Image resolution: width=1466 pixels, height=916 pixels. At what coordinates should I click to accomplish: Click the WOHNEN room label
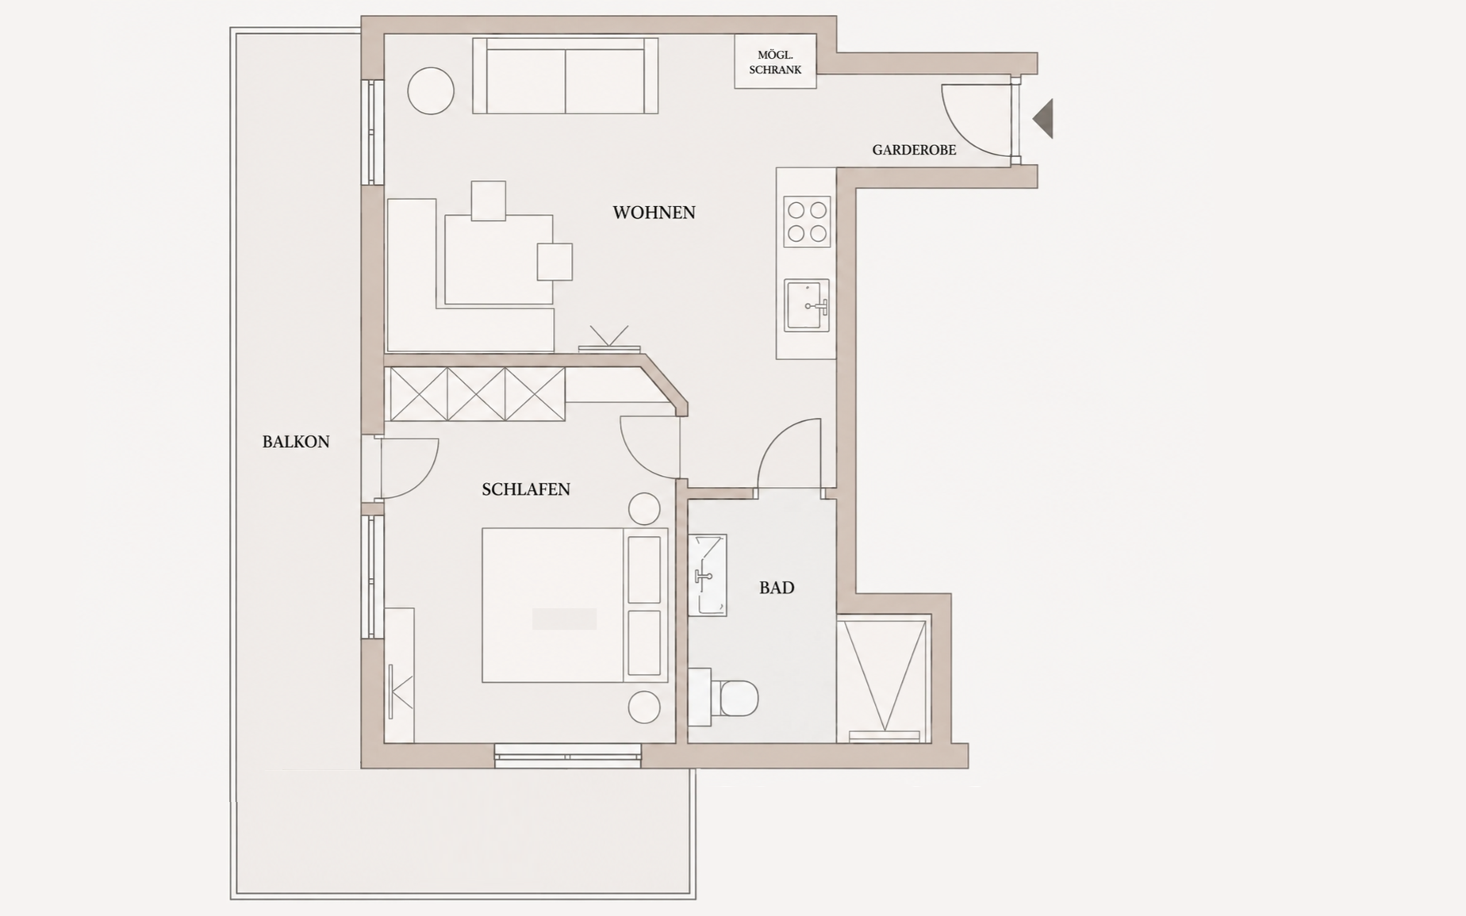[654, 213]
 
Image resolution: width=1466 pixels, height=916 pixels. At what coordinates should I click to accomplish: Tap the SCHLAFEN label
[526, 489]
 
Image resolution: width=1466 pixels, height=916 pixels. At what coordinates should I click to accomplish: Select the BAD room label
[777, 588]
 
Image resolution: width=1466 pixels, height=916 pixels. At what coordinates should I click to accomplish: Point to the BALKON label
[296, 442]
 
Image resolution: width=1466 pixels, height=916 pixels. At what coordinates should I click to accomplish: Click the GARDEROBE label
[914, 150]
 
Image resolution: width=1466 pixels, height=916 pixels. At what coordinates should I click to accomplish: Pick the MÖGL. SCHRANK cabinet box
[775, 62]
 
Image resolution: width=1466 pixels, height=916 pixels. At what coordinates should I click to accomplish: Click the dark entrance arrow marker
[1043, 118]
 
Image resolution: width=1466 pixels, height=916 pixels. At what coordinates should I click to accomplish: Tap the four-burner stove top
[807, 222]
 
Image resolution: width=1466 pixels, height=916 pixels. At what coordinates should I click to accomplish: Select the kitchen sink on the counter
[807, 305]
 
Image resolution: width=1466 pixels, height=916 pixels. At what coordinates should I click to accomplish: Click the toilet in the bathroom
[724, 697]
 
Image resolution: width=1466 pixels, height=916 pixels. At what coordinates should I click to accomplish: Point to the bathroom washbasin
[708, 575]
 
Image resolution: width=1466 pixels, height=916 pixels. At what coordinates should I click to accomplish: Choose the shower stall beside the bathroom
[884, 680]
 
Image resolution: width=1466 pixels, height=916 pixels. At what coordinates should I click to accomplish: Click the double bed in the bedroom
[575, 605]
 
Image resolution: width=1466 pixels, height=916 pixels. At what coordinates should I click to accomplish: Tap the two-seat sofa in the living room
[566, 76]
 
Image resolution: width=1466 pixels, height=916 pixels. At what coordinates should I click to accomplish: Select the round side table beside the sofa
[431, 90]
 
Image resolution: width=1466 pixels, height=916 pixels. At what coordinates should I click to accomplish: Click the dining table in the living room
[499, 259]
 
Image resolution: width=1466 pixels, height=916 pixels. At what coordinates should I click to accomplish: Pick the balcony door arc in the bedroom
[425, 478]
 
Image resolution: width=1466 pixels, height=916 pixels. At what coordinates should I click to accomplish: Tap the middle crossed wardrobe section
[476, 394]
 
